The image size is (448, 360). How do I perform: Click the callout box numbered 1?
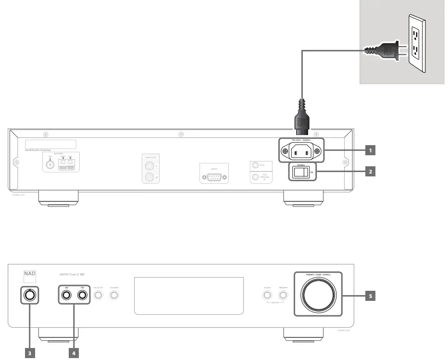tap(370, 150)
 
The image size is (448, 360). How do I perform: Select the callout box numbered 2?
tap(370, 171)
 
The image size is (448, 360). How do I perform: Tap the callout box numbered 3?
tap(30, 353)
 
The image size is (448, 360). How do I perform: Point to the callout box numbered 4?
tap(74, 353)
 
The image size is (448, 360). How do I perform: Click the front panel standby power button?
tap(30, 296)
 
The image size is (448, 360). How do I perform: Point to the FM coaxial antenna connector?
tap(50, 165)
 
